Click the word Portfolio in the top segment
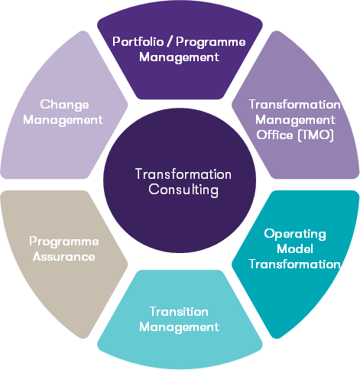[x=138, y=41]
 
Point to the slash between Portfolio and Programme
[x=170, y=42]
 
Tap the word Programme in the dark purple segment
[x=211, y=43]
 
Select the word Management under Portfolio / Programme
[x=179, y=57]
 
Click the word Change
[x=64, y=105]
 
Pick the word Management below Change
[x=63, y=120]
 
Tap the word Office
[x=274, y=135]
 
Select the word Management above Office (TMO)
[x=295, y=120]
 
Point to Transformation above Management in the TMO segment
[x=294, y=105]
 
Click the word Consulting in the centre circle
[x=183, y=190]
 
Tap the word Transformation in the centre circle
[x=183, y=174]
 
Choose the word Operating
[x=295, y=234]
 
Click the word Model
[x=295, y=248]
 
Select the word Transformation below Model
[x=294, y=264]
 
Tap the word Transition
[x=179, y=312]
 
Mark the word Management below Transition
[x=179, y=327]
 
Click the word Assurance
[x=64, y=257]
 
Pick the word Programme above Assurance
[x=64, y=242]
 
